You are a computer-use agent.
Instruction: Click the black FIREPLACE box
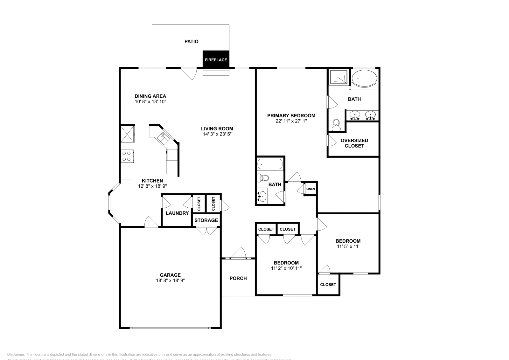click(216, 59)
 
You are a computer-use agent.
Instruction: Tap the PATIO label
click(192, 41)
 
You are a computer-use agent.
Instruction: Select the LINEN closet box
click(310, 189)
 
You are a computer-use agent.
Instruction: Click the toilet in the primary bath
click(336, 125)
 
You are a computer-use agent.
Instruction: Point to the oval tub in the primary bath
click(364, 79)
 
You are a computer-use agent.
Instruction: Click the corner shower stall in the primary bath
click(338, 77)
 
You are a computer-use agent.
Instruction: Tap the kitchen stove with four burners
click(127, 156)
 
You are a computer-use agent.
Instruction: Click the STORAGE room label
click(206, 220)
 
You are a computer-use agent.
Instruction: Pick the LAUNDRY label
click(177, 213)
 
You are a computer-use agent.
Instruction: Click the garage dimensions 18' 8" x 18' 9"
click(170, 280)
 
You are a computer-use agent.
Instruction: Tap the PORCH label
click(238, 278)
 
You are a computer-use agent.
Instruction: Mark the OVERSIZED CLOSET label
click(354, 143)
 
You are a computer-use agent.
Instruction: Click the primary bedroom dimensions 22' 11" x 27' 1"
click(291, 121)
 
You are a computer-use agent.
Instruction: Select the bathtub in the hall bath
click(270, 164)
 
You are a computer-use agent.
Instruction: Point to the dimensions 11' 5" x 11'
click(348, 246)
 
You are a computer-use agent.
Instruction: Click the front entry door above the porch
click(238, 254)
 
